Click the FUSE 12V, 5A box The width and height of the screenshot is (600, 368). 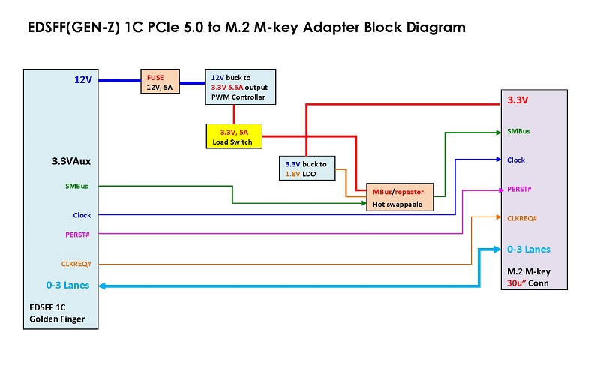pyautogui.click(x=160, y=82)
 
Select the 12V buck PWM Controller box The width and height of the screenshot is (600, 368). pyautogui.click(x=241, y=87)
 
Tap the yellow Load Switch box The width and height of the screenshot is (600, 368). pyautogui.click(x=233, y=136)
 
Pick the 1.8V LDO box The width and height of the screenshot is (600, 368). pyautogui.click(x=307, y=169)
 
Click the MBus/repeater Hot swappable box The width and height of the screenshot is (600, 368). pyautogui.click(x=398, y=198)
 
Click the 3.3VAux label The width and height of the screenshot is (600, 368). pyautogui.click(x=71, y=160)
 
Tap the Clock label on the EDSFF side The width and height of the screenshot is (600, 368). pyautogui.click(x=82, y=215)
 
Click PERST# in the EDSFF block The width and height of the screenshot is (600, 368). pyautogui.click(x=78, y=235)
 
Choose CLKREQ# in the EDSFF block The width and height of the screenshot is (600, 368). pyautogui.click(x=76, y=264)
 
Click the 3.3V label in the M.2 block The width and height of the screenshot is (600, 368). pyautogui.click(x=517, y=100)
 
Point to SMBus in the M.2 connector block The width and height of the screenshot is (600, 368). pyautogui.click(x=518, y=131)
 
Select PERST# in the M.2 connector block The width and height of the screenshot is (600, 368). pyautogui.click(x=519, y=189)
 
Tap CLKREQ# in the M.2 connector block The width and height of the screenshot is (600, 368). pyautogui.click(x=522, y=218)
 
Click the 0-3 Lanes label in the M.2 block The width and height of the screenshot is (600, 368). pyautogui.click(x=528, y=249)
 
